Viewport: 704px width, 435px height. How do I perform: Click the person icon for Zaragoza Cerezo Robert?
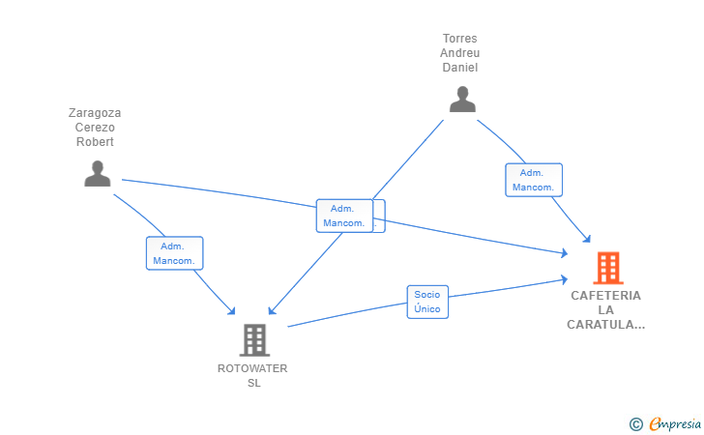click(98, 173)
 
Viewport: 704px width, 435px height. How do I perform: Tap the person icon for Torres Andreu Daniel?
click(462, 100)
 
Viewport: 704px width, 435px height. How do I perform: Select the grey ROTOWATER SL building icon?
click(254, 340)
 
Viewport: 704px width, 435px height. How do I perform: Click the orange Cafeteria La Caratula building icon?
click(608, 268)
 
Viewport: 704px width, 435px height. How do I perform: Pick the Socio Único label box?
click(427, 303)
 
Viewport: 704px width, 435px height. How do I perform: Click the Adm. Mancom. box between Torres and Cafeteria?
click(534, 180)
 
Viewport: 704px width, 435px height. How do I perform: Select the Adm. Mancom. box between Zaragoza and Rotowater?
click(175, 253)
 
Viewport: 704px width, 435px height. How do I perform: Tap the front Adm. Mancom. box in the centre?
click(344, 216)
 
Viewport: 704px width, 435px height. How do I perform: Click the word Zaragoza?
click(95, 113)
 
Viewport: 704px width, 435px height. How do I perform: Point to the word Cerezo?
click(95, 128)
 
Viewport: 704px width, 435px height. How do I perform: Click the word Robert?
click(95, 142)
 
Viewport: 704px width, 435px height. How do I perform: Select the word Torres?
click(459, 39)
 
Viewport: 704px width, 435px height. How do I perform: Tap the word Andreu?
click(459, 53)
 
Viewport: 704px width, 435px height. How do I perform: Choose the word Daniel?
click(459, 68)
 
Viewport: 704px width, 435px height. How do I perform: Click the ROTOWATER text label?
click(252, 368)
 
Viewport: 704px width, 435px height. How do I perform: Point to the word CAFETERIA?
click(605, 296)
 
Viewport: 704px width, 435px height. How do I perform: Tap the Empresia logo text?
click(675, 423)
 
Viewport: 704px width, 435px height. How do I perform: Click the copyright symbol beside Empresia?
click(636, 424)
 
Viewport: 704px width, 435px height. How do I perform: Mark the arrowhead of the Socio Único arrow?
click(565, 279)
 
